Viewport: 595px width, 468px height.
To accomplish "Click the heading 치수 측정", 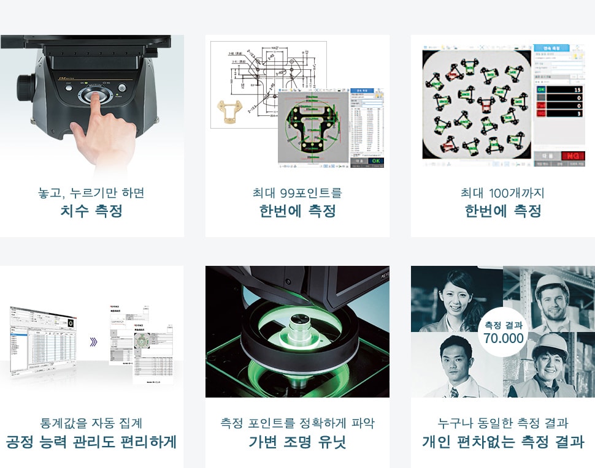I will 91,211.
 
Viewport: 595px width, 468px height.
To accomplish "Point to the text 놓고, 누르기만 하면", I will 91,193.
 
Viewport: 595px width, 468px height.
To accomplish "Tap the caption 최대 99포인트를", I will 297,193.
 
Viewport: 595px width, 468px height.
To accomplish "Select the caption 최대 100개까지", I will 502,193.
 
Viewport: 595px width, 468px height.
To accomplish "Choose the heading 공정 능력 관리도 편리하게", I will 91,442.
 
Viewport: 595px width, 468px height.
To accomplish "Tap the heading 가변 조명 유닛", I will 297,442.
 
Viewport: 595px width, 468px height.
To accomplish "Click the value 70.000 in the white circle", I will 503,338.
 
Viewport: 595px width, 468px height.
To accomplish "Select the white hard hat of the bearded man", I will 551,284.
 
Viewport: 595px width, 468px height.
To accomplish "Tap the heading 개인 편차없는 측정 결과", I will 502,442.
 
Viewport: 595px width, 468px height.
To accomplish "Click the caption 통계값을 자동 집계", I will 91,423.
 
